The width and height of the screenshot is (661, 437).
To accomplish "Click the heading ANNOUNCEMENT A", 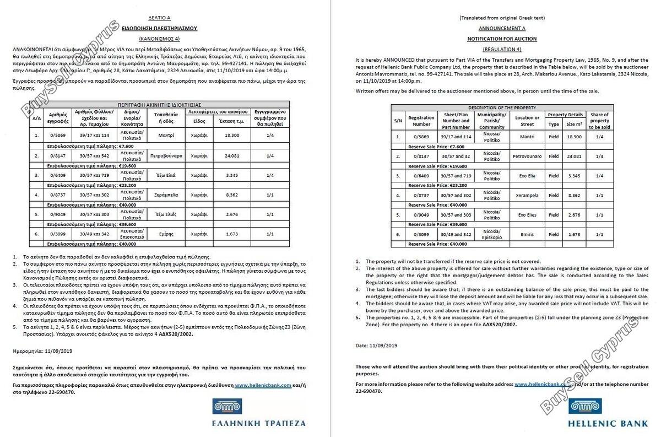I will (x=502, y=28).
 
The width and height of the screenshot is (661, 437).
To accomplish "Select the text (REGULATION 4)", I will (x=502, y=50).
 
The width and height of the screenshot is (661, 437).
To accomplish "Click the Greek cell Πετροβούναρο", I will (x=166, y=156).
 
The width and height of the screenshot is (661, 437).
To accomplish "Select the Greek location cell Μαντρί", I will (x=166, y=134).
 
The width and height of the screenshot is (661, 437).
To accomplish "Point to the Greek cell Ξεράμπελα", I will (x=166, y=195).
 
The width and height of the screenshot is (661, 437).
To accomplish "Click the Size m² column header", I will (x=574, y=124).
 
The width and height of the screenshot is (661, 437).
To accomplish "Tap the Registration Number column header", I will (x=421, y=120).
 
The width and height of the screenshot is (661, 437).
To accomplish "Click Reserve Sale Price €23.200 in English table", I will (x=436, y=186).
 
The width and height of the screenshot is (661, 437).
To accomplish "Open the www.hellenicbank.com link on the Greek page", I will (x=263, y=385).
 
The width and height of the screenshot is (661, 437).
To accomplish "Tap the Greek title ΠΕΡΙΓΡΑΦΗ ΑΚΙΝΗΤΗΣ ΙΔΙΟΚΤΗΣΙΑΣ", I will (x=159, y=104).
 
